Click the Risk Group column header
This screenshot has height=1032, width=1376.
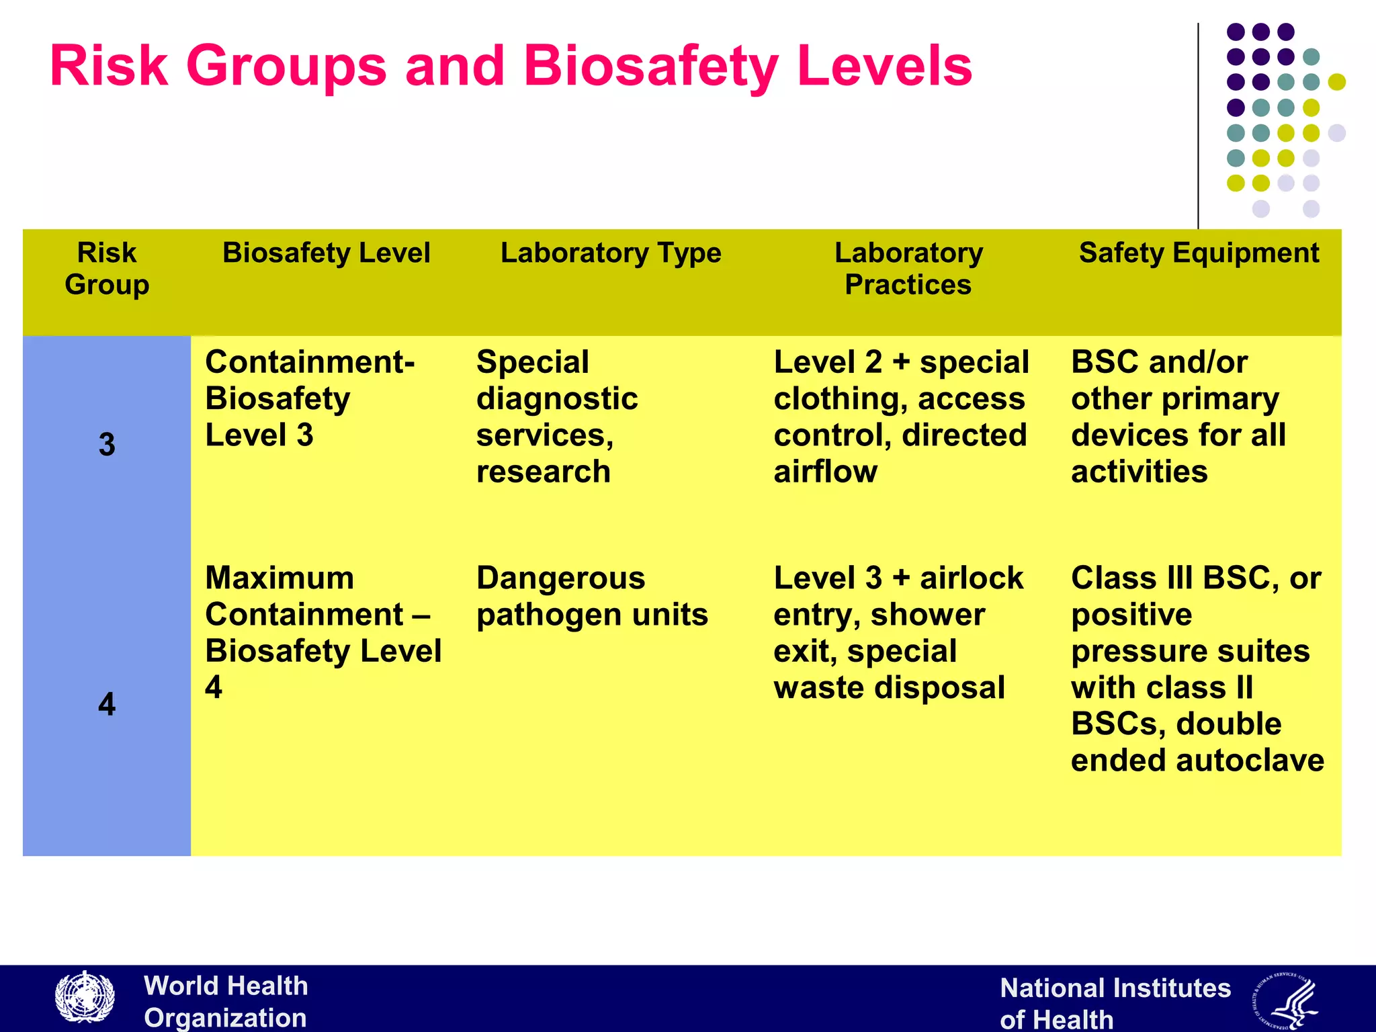pyautogui.click(x=107, y=269)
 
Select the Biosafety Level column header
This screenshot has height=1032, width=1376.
pyautogui.click(x=326, y=253)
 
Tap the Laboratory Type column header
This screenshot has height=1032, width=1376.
pyautogui.click(x=610, y=253)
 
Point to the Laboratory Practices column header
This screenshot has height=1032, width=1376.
pyautogui.click(x=908, y=269)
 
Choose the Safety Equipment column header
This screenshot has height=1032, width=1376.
pyautogui.click(x=1199, y=253)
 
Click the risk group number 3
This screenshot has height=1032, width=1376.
pyautogui.click(x=107, y=445)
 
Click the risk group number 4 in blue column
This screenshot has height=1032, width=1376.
pyautogui.click(x=107, y=704)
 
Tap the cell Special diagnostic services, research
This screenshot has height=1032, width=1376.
pyautogui.click(x=556, y=417)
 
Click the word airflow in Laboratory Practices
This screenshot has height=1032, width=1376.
pyautogui.click(x=825, y=472)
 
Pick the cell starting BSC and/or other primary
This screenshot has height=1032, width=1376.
pyautogui.click(x=1177, y=417)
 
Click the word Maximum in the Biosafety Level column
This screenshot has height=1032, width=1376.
pyautogui.click(x=279, y=578)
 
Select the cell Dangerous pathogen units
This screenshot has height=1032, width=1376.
pyautogui.click(x=591, y=597)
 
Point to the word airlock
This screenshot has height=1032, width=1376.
pyautogui.click(x=972, y=578)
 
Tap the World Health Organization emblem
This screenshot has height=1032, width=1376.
pyautogui.click(x=85, y=998)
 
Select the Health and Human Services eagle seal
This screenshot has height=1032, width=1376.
pyautogui.click(x=1285, y=1001)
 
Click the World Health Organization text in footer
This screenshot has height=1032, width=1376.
pyautogui.click(x=226, y=1001)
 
